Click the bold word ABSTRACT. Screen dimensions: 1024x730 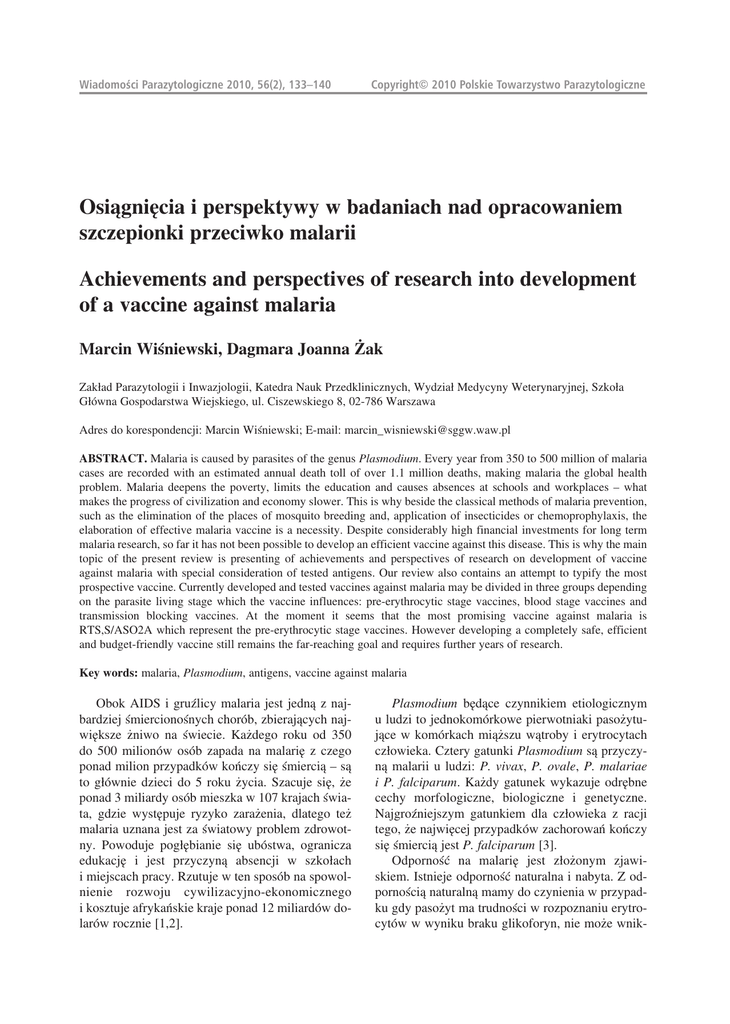coord(113,456)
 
